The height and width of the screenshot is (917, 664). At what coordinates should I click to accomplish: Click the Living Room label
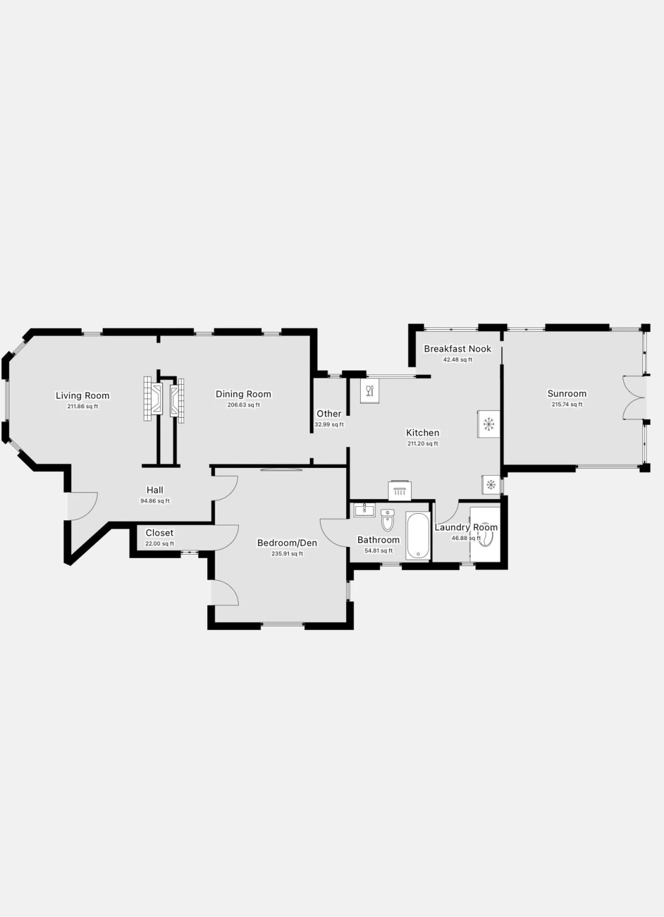pos(83,395)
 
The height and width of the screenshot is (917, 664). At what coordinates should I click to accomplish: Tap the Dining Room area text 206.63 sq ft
pos(243,405)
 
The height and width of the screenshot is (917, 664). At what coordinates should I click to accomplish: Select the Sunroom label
pos(567,394)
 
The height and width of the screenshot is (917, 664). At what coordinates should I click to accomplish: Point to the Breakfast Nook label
pos(458,349)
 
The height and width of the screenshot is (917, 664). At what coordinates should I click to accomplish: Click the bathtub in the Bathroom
pos(418,535)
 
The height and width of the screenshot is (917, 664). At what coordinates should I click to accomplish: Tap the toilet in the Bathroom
pos(387,520)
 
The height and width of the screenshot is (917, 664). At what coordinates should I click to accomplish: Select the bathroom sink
pos(364,510)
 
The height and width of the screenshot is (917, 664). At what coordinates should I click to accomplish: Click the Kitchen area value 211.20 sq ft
pos(422,443)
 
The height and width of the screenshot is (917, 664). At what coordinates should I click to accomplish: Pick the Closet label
pos(159,532)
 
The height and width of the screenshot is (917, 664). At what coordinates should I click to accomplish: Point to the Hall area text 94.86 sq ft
pos(155,501)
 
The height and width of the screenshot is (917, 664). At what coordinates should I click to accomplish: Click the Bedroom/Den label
pos(287,543)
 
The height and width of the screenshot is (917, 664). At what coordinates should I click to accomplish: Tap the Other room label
pos(329,413)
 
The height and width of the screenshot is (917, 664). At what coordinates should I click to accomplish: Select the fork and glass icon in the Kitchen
pos(370,391)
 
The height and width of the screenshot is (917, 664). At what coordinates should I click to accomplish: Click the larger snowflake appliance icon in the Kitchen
pos(488,425)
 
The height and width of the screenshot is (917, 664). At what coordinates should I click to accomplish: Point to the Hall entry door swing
pos(83,506)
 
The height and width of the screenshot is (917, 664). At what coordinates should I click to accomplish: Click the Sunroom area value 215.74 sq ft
pos(567,404)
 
